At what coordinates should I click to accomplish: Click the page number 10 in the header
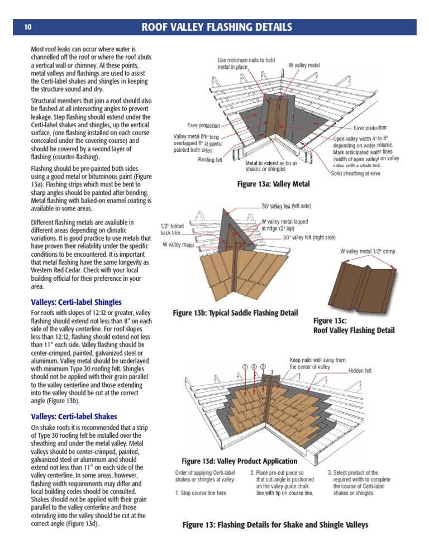(27, 27)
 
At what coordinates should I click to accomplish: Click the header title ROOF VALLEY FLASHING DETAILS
(217, 27)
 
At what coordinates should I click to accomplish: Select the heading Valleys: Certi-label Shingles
(76, 302)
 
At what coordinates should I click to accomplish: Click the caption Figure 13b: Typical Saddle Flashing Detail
(235, 313)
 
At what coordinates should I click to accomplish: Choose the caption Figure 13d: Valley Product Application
(240, 461)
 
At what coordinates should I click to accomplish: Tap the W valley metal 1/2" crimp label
(368, 251)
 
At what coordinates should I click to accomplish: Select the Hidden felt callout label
(360, 371)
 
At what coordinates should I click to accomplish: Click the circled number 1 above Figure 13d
(245, 366)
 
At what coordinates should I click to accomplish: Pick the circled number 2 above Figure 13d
(263, 366)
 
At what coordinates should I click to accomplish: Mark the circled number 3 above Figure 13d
(254, 366)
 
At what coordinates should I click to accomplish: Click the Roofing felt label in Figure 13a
(210, 160)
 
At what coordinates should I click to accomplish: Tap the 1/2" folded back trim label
(172, 229)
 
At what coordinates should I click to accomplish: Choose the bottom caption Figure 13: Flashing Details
(275, 525)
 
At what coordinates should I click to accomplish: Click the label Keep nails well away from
(317, 360)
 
